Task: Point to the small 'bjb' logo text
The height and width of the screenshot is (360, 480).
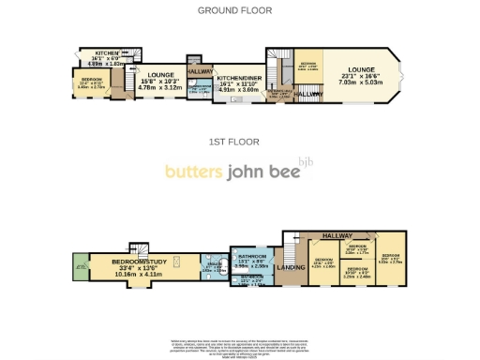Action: tap(306, 160)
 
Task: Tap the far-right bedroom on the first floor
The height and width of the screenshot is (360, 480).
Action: tap(390, 260)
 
